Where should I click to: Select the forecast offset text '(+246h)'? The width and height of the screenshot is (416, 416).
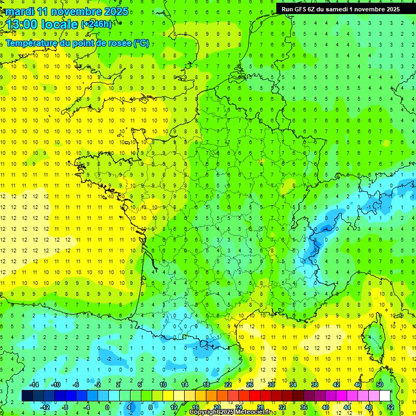click(x=96, y=24)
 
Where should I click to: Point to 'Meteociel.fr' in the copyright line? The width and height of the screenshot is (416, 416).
click(x=253, y=412)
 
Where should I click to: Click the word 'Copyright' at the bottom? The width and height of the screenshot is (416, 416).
click(x=205, y=412)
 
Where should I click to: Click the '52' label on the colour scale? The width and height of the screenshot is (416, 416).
click(x=391, y=407)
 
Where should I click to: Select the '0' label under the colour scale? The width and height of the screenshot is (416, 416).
click(x=108, y=407)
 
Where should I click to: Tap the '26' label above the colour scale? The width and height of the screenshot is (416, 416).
click(x=249, y=385)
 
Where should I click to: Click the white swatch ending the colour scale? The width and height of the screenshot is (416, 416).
click(x=385, y=396)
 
